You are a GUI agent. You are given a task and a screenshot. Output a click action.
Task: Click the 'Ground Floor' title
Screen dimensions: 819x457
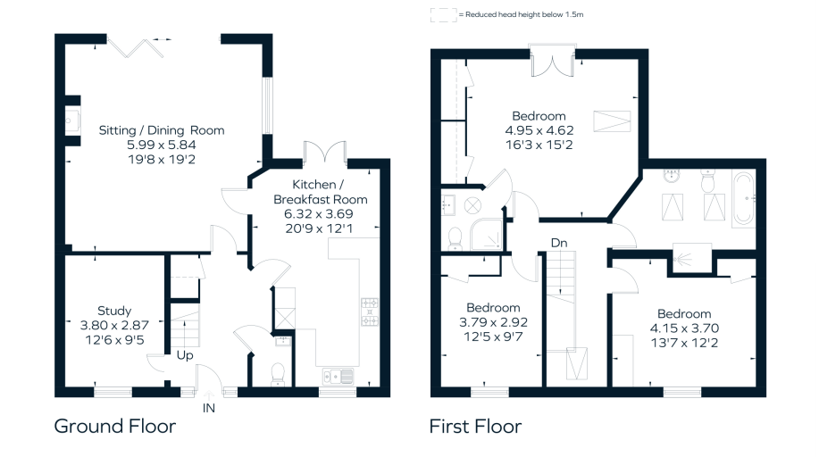coord(115,426)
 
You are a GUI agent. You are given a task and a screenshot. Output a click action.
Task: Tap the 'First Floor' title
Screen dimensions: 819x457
coord(475,426)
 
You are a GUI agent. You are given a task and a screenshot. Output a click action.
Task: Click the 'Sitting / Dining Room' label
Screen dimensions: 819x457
coord(162,130)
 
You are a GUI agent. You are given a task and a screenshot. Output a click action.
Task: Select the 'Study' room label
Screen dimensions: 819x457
coord(114,311)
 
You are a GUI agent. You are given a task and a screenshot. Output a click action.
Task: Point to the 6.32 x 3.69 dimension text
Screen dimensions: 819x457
coord(319,213)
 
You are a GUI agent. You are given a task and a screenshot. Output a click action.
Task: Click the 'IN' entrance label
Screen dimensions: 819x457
coord(208,408)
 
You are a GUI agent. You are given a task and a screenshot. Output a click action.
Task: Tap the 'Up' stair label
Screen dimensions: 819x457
coord(185,355)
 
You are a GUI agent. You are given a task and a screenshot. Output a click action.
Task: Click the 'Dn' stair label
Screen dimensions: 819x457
coord(559,243)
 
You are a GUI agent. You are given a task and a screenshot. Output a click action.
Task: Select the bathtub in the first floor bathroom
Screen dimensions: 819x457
coord(743,198)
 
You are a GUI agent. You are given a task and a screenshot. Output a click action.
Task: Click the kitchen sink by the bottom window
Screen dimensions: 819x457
coord(338,376)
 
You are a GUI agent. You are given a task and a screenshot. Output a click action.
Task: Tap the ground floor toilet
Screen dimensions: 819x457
coord(278,375)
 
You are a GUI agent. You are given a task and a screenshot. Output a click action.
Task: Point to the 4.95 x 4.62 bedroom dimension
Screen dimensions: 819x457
coord(539,130)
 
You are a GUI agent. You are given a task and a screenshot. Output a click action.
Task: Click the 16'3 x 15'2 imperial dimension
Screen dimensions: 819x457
coord(539,145)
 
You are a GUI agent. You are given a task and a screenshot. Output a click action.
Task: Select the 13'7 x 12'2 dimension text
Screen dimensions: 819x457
coord(684,343)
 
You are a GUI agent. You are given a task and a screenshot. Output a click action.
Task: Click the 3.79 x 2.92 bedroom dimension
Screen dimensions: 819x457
coord(493,322)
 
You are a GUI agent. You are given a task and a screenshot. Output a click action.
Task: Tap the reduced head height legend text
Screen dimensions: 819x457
coord(521,14)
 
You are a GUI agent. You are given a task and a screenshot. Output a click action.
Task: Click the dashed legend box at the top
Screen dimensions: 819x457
coord(444,14)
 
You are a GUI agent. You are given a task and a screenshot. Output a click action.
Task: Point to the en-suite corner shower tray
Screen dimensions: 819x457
coord(486,234)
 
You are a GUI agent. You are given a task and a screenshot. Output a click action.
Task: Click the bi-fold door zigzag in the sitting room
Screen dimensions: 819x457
coord(136,48)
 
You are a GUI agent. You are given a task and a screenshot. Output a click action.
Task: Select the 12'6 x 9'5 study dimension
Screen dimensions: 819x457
coord(114,340)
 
